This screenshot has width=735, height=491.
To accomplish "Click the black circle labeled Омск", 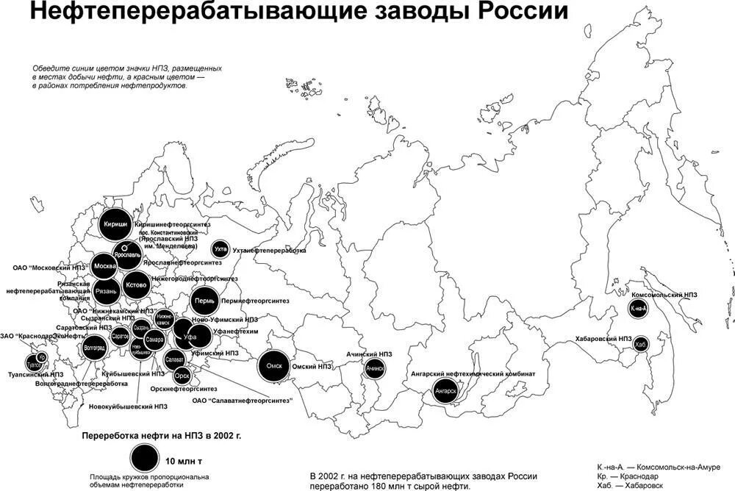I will pos(273,366).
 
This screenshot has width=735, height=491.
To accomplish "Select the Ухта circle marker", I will pos(220,250).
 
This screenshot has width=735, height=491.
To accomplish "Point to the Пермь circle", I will pos(204,301).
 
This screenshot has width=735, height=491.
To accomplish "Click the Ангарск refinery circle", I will pos(446,390).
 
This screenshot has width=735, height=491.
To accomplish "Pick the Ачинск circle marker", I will pos(375,367).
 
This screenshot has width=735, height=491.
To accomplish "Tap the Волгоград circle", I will pos(94,347).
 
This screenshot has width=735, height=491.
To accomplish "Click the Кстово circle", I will pos(136,284).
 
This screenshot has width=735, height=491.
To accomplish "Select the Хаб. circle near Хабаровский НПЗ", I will pos(640,344).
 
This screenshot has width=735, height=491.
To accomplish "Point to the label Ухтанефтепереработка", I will pos(269,251).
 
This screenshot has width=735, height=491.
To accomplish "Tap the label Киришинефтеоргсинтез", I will pos(173,223).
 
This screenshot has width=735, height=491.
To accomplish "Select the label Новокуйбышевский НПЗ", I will pos(128,406).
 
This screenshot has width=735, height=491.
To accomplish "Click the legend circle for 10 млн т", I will pos(145,458).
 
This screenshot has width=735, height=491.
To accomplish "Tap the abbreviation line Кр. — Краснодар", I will pos(628,476).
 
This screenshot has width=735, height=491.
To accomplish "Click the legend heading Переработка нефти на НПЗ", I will pos(162,435).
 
